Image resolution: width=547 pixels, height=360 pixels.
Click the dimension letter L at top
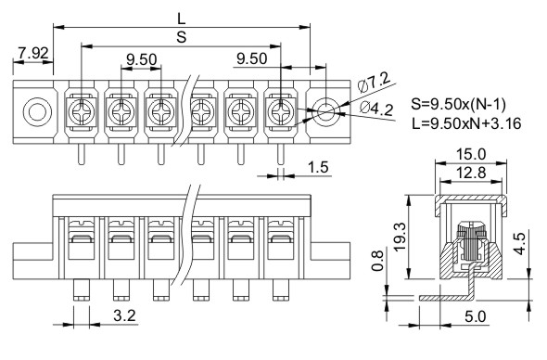(x=182, y=19)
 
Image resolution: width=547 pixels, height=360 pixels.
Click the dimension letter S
(x=182, y=37)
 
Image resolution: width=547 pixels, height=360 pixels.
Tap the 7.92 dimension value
(x=33, y=53)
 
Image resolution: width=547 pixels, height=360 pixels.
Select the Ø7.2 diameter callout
(x=375, y=82)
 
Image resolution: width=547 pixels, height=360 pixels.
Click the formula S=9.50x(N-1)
(x=458, y=104)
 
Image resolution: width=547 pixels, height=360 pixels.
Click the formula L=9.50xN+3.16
(x=466, y=123)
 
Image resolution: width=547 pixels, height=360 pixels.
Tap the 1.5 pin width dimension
(x=318, y=167)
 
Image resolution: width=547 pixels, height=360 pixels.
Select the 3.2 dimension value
(x=124, y=315)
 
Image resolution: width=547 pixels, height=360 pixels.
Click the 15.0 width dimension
(x=471, y=154)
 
